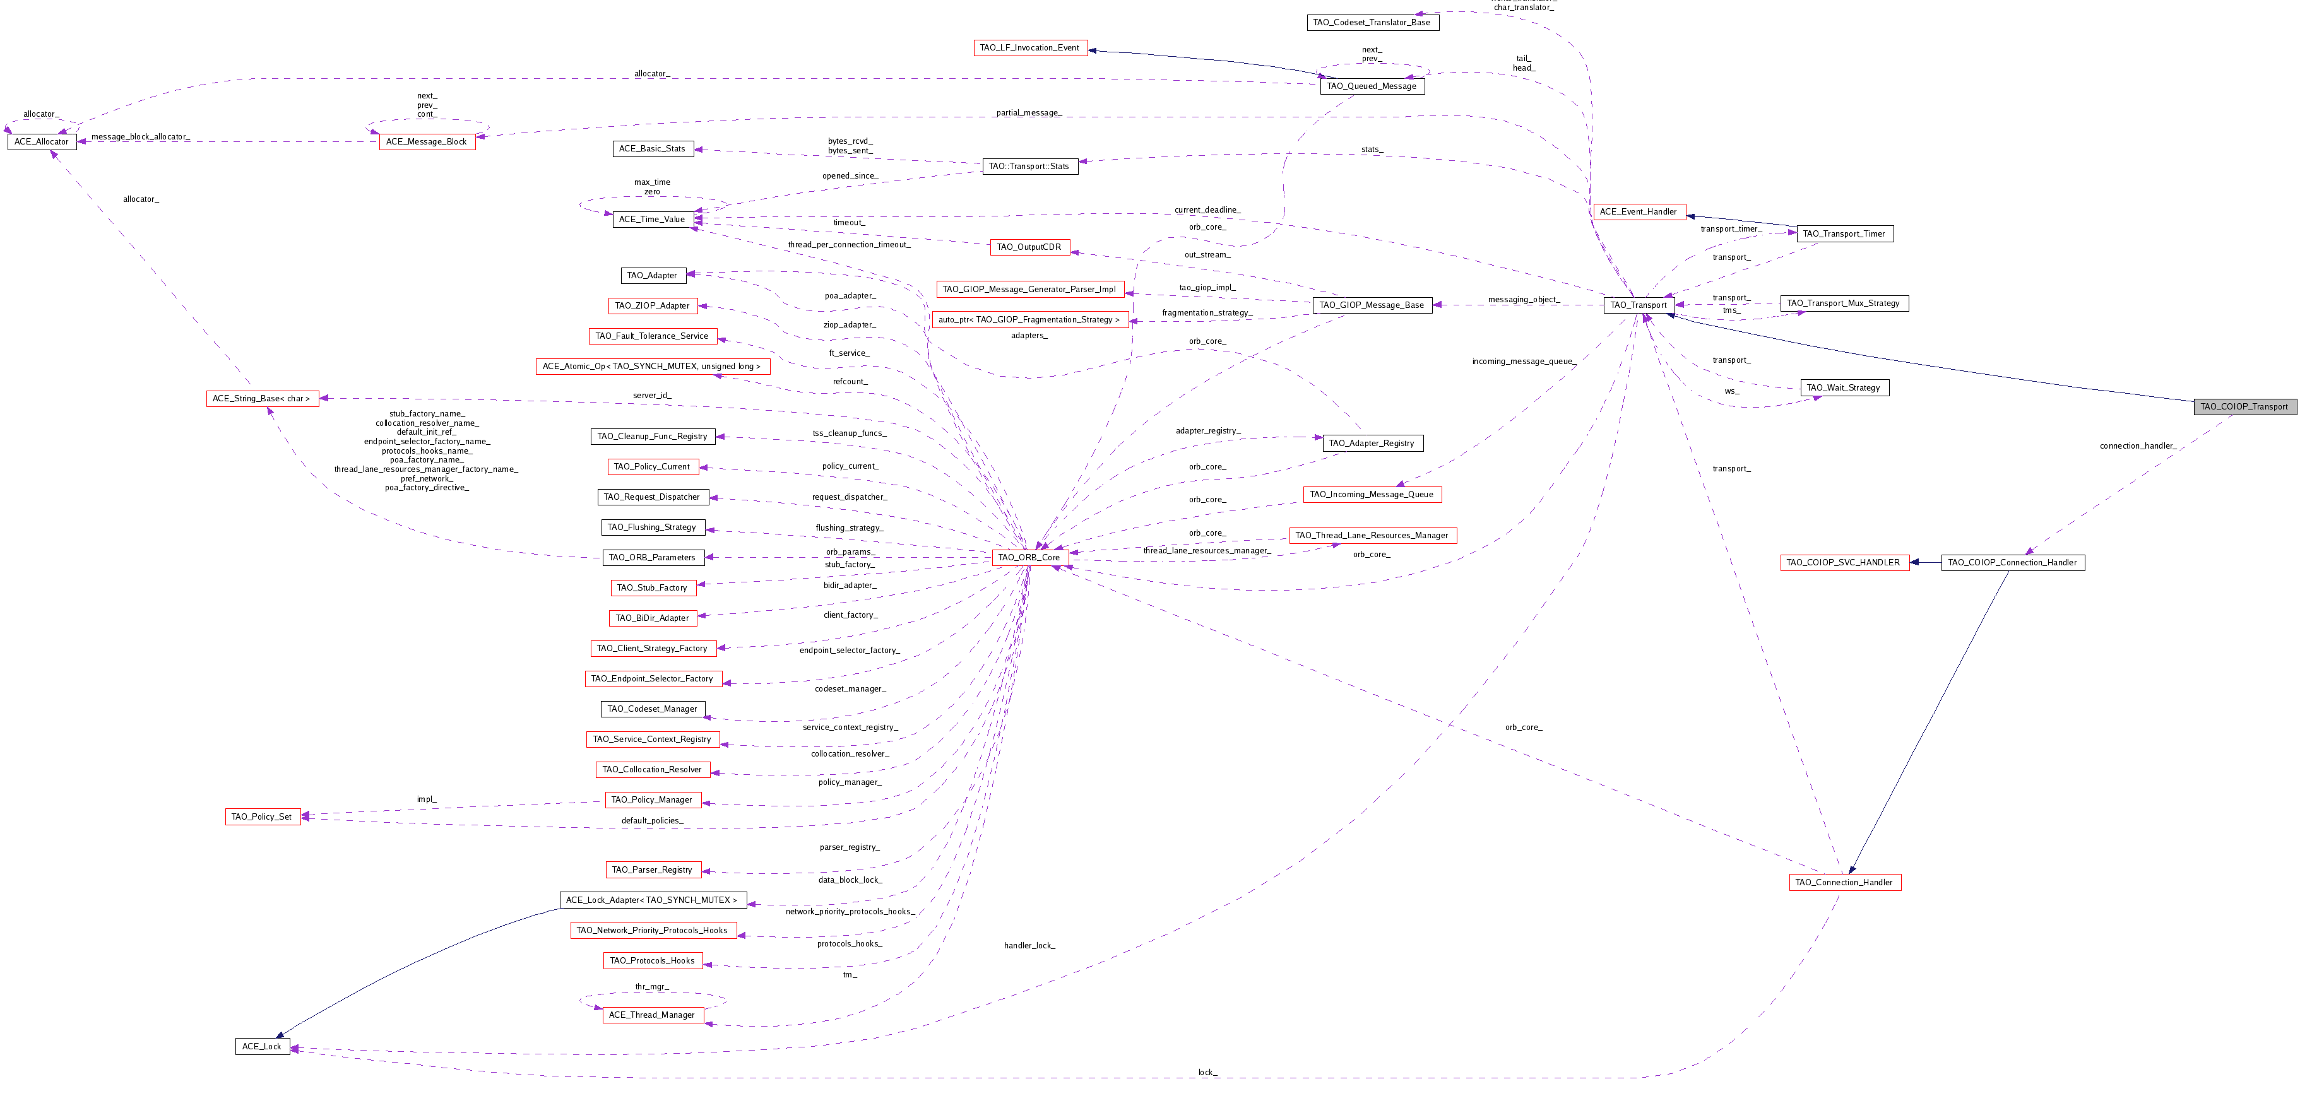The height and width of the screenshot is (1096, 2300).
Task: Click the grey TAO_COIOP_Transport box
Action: [x=2244, y=407]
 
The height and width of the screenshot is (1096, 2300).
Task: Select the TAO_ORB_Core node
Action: [x=1029, y=558]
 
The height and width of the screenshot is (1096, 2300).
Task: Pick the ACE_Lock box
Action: [x=261, y=1047]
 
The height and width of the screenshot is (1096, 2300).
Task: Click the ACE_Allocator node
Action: [x=42, y=142]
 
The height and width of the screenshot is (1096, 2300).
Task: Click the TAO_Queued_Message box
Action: [x=1372, y=86]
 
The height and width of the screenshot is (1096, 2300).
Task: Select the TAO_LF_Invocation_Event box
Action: [x=1029, y=48]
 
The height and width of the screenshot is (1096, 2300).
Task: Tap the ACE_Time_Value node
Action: [x=652, y=220]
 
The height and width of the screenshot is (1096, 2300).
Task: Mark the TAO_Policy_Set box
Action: [x=261, y=816]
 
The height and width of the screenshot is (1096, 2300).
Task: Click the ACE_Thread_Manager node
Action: [x=652, y=1015]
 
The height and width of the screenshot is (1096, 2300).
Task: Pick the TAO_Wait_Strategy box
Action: [x=1843, y=388]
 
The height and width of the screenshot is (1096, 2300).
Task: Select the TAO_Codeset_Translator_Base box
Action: [x=1372, y=22]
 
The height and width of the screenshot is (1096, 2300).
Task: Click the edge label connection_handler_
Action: [x=2138, y=445]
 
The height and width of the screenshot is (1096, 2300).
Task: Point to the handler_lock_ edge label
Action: [x=1029, y=945]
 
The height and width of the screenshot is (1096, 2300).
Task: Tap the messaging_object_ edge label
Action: [x=1522, y=300]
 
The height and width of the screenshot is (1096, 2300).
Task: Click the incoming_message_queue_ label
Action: [x=1522, y=362]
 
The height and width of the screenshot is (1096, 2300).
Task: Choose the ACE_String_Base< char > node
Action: [x=261, y=399]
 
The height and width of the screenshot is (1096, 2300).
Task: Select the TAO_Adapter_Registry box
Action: [x=1372, y=444]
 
